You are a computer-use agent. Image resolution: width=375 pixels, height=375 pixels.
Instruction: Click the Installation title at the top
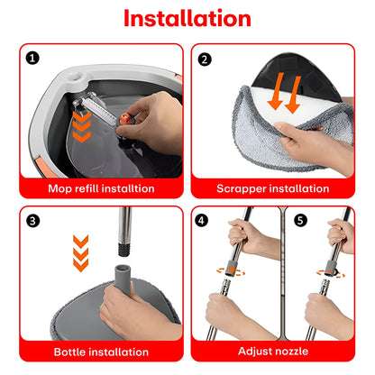tap(187, 18)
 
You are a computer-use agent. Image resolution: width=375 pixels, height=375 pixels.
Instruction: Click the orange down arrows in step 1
tap(83, 121)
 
